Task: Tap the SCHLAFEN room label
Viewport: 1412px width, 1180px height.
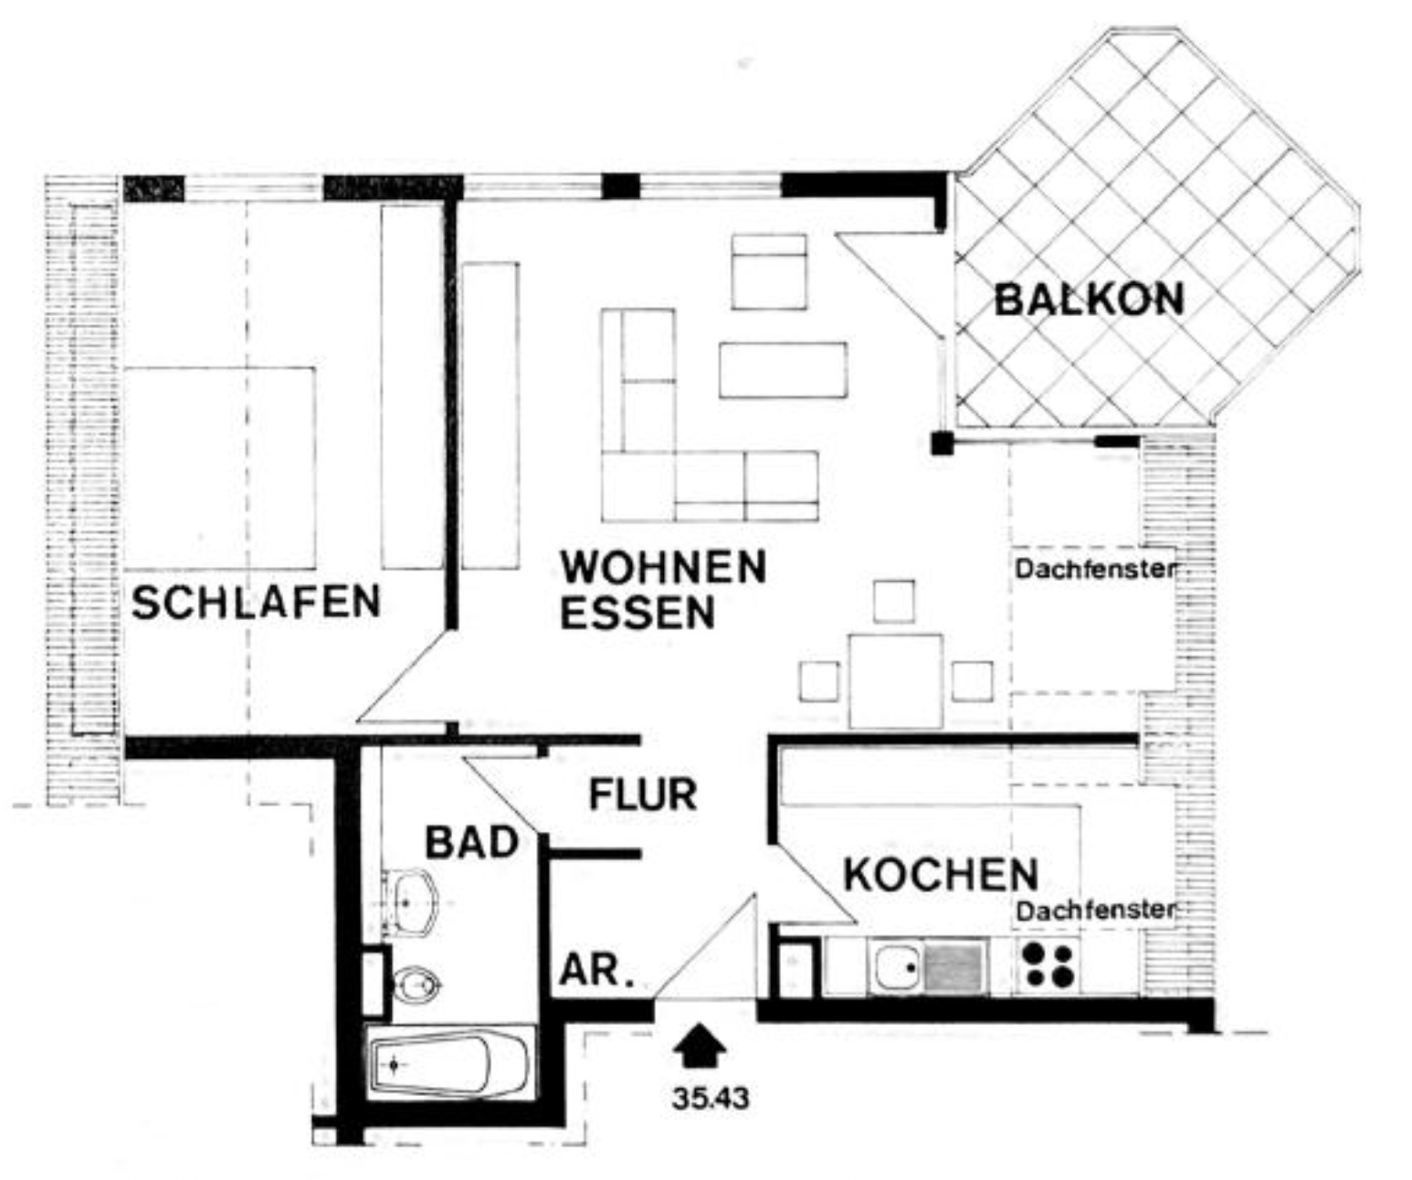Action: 257,602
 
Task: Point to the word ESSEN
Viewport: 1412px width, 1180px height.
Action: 638,613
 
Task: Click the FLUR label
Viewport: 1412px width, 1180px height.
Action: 642,795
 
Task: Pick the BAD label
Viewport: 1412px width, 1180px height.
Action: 471,843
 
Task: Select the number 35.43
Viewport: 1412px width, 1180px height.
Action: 710,1099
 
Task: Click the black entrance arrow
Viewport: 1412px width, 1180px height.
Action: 700,1046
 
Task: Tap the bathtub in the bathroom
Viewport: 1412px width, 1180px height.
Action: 449,1065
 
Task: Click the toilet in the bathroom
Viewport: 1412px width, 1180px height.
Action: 416,985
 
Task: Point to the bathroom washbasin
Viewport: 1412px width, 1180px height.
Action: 410,902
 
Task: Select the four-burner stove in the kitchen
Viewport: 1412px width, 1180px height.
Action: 1048,965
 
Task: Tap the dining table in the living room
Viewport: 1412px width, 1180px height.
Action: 896,681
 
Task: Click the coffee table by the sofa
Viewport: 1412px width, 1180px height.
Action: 783,370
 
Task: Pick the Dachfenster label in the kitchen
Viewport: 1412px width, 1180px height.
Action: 1096,911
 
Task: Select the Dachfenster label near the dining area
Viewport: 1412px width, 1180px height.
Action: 1096,569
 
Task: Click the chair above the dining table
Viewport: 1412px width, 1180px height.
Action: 894,601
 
